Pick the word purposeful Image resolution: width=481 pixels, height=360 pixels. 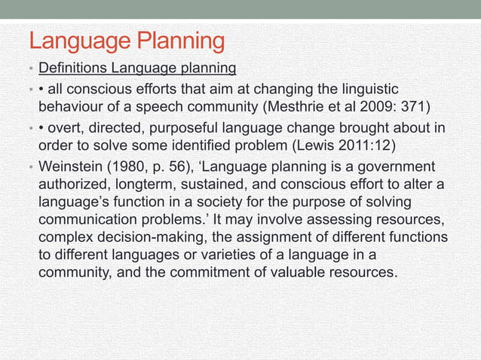pos(200,127)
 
